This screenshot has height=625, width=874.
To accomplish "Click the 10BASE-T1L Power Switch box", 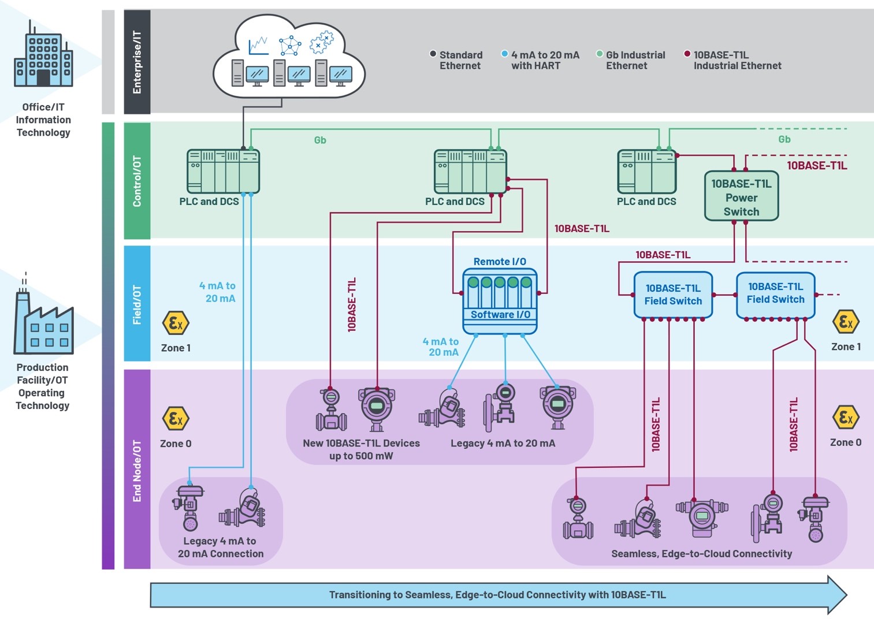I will click(741, 197).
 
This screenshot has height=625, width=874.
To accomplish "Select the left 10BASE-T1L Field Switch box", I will click(673, 295).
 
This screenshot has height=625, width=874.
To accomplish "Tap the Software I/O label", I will click(500, 315).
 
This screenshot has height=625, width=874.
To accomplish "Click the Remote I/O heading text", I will click(500, 262).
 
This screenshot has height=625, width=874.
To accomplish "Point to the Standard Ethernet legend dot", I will click(433, 54).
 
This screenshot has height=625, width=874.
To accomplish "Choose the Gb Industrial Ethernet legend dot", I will click(600, 54).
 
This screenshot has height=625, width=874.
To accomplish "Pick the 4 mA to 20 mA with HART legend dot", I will click(504, 54).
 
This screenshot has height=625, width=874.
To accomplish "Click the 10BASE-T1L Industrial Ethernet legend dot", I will click(687, 54).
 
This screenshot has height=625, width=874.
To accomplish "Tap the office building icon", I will click(43, 55).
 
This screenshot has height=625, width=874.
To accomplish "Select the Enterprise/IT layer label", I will click(137, 62).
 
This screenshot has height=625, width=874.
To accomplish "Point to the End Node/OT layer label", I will click(137, 470).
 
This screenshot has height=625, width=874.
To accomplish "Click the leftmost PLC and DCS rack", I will click(223, 172).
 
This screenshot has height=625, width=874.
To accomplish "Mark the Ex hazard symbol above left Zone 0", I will click(176, 418).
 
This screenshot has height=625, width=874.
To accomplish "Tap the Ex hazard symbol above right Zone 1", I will click(846, 322).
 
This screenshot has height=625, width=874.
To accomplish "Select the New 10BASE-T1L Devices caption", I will click(361, 449).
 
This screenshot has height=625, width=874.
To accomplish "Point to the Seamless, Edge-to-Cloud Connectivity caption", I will click(701, 554).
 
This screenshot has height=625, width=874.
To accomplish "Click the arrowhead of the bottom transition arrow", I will click(837, 594).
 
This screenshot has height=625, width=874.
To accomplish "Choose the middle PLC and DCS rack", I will click(470, 172).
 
